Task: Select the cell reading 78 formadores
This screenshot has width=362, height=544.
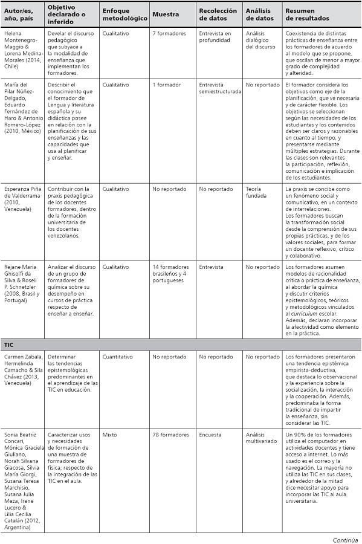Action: (x=169, y=435)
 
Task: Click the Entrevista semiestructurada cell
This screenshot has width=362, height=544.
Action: (x=220, y=88)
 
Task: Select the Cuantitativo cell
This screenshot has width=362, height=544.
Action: (x=117, y=357)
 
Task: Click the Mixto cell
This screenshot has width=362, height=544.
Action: (x=109, y=435)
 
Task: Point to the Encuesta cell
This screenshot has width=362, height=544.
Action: (x=210, y=435)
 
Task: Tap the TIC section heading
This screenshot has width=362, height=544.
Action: (x=9, y=344)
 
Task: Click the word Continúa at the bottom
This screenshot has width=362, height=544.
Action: (x=346, y=539)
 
